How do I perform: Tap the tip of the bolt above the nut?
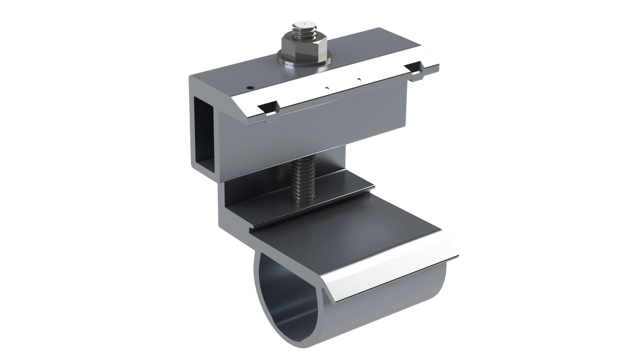click(x=302, y=24)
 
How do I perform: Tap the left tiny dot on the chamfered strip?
click(x=327, y=88)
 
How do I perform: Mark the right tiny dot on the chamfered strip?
click(x=359, y=79)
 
